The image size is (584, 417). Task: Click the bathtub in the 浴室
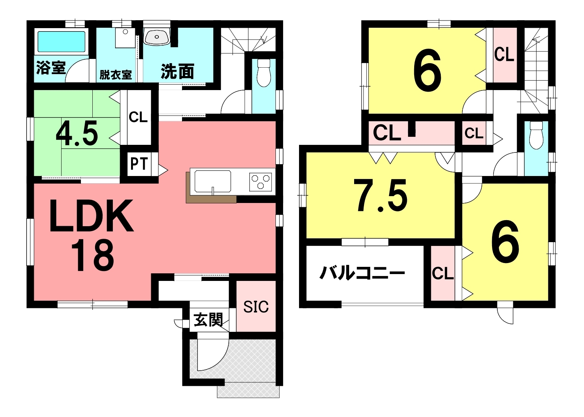click(62, 42)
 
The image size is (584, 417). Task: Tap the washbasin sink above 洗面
click(157, 36)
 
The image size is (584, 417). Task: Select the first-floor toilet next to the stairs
click(264, 73)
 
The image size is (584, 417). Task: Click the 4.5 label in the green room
click(77, 134)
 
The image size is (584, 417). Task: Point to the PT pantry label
click(139, 164)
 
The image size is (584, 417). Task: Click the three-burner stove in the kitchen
click(260, 182)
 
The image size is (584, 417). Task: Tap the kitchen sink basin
click(213, 181)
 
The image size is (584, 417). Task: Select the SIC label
click(256, 307)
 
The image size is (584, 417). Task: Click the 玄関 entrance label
click(208, 320)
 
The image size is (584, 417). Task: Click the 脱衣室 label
click(116, 75)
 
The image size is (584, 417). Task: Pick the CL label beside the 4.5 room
click(138, 117)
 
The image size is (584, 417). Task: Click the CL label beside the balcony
click(443, 274)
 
